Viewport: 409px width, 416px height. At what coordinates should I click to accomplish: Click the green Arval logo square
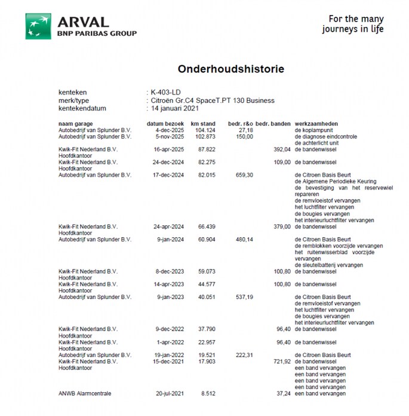pos(38,26)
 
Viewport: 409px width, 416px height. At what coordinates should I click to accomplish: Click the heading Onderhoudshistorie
pos(230,69)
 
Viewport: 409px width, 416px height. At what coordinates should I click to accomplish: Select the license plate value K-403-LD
pos(165,93)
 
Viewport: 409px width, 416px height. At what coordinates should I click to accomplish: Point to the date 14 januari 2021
pos(174,108)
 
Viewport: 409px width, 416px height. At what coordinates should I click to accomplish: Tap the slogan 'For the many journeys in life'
pos(353,24)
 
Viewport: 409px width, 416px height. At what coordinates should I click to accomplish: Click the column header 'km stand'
pos(203,124)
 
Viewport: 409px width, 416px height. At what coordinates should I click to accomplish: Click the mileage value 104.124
pos(205,130)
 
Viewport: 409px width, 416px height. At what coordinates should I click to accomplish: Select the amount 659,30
pos(245,175)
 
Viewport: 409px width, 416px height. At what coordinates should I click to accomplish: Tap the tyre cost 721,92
pos(281,362)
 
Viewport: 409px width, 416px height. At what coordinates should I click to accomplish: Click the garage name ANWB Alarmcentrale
pos(85,394)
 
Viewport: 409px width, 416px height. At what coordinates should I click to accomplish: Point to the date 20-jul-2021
pos(168,394)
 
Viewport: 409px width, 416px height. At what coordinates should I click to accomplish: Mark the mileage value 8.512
pos(207,394)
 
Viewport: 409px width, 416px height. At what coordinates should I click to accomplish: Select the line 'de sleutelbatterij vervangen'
pos(328,265)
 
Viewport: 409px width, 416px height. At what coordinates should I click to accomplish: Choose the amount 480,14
pos(245,239)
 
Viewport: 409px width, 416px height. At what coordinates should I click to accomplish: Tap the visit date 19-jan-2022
pos(168,355)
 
